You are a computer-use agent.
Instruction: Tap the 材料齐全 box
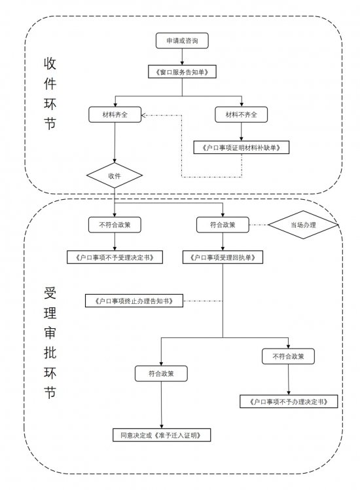click(115, 115)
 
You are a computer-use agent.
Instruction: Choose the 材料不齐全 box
click(242, 115)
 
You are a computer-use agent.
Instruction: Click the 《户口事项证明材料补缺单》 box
click(242, 148)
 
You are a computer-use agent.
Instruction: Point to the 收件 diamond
click(115, 176)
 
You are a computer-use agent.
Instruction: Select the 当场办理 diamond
click(302, 225)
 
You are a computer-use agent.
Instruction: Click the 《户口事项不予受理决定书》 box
click(115, 257)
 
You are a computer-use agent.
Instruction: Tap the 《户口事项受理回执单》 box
click(223, 257)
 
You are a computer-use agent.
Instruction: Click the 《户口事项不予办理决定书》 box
click(288, 401)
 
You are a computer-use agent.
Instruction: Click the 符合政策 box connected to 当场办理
click(223, 225)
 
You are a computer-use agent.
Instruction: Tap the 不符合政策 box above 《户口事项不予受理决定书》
click(115, 225)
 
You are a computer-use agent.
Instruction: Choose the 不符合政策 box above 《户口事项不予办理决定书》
click(288, 357)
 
